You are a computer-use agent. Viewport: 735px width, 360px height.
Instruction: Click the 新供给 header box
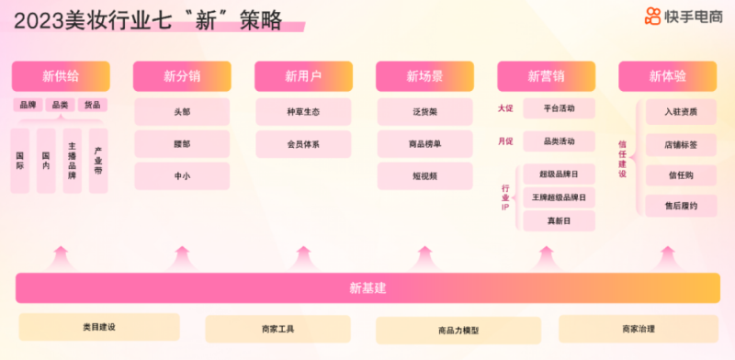tap(61, 76)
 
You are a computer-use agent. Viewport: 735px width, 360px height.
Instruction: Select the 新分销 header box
tap(182, 76)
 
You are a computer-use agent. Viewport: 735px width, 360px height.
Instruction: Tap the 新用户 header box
tap(303, 76)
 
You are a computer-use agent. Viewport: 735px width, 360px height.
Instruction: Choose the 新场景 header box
tap(424, 76)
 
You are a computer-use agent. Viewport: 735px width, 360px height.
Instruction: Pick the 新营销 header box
tap(546, 76)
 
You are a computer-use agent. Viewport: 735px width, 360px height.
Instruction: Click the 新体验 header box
tap(667, 76)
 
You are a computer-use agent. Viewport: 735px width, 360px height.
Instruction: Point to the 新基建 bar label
tap(367, 287)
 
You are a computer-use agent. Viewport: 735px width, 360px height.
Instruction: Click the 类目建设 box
tap(98, 327)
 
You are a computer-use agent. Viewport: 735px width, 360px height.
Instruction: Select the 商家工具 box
tap(277, 329)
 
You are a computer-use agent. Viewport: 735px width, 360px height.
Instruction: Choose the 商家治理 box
tap(638, 329)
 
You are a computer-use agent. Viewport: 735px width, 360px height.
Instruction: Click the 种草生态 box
tap(303, 112)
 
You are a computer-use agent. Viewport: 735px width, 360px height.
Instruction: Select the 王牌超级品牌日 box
tap(559, 197)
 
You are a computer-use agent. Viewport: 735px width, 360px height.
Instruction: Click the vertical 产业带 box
tap(98, 161)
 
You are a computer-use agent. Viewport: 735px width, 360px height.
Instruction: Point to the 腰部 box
tap(182, 144)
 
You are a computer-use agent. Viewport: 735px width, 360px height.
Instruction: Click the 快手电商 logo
tap(682, 16)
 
